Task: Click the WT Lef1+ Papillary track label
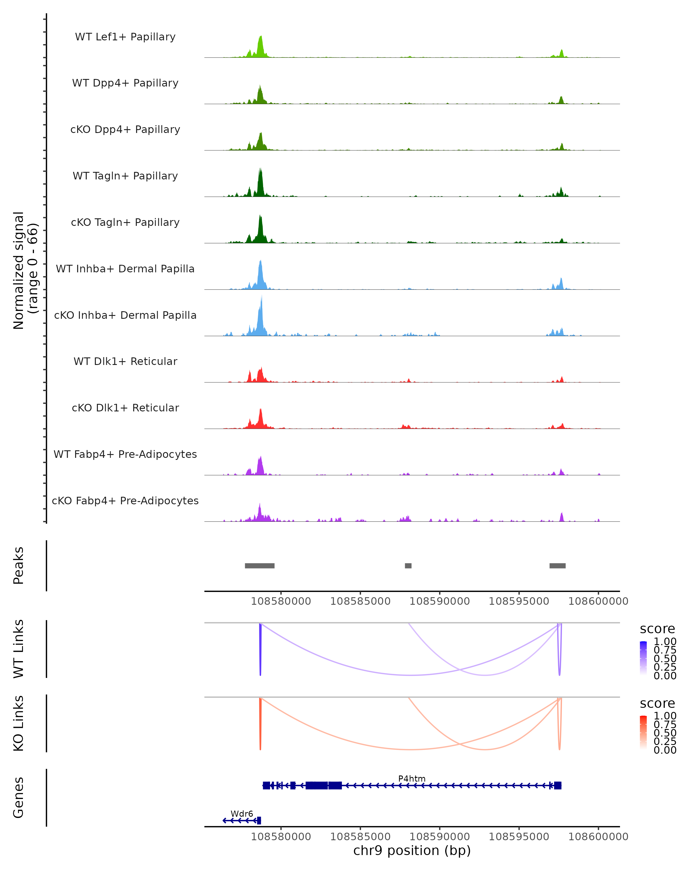(x=125, y=37)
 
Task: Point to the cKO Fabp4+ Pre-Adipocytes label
(x=125, y=501)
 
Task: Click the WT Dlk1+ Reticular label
(x=125, y=361)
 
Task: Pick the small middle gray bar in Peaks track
(x=408, y=566)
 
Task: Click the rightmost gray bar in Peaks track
(x=557, y=566)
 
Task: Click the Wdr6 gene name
(x=242, y=814)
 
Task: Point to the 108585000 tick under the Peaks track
(x=360, y=602)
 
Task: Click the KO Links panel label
(x=19, y=723)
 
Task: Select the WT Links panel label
(x=19, y=649)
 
